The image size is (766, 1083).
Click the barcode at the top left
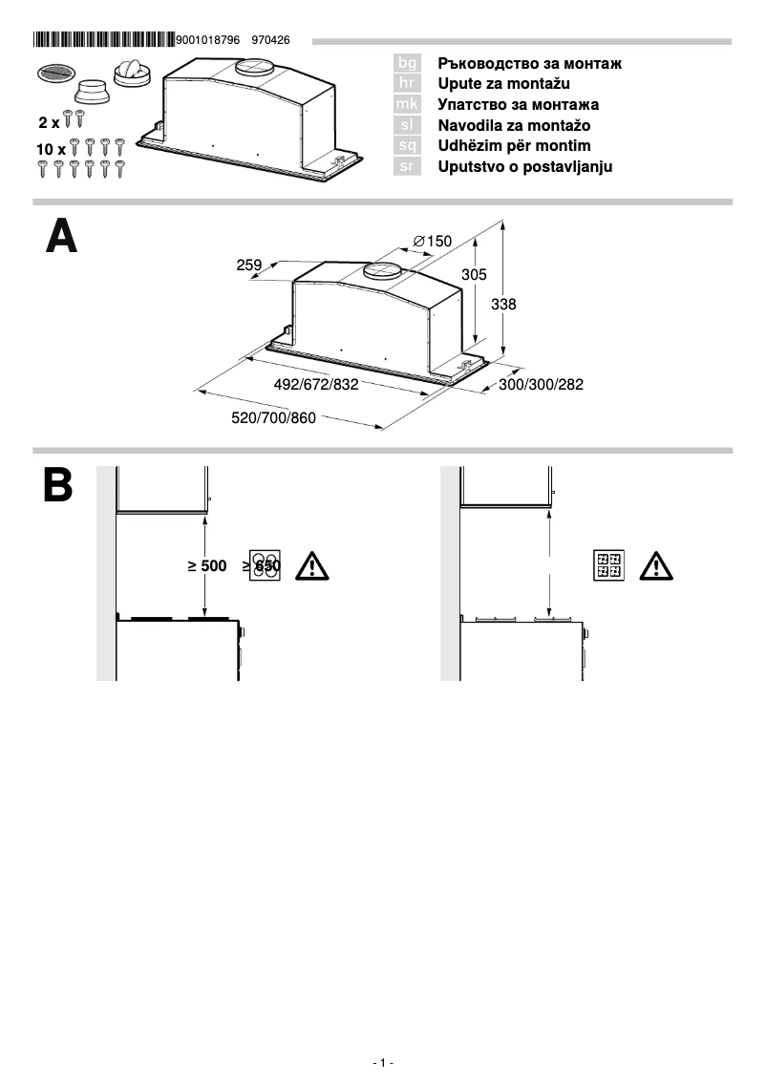click(103, 40)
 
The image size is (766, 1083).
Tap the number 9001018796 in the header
click(208, 40)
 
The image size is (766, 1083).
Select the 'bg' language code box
click(407, 63)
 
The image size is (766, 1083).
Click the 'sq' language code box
click(407, 146)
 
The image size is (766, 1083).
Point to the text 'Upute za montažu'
click(503, 84)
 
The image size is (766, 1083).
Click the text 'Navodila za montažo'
click(514, 125)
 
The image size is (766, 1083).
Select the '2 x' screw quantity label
click(49, 122)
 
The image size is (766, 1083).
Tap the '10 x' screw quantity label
click(52, 150)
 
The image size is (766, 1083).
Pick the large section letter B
click(58, 485)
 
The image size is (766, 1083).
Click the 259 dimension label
click(249, 265)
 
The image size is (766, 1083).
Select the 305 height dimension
click(475, 274)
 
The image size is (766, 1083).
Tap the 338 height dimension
click(503, 304)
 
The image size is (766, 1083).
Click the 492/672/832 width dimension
click(316, 384)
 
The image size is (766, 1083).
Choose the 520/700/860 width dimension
click(273, 417)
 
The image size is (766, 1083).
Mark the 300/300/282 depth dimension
click(541, 384)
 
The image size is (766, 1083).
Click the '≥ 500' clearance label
click(207, 566)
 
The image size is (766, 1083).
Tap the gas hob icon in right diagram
click(607, 565)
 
